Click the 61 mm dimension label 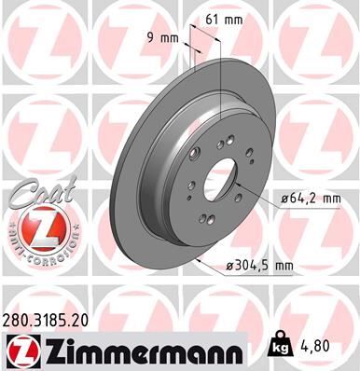[224, 19]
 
